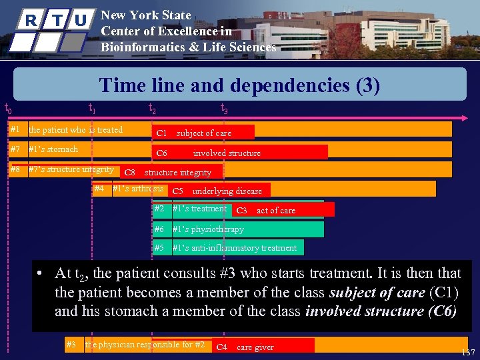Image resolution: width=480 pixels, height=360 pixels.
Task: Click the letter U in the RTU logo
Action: pyautogui.click(x=80, y=20)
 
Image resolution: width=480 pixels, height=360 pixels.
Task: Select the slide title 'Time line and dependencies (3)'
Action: pyautogui.click(x=239, y=85)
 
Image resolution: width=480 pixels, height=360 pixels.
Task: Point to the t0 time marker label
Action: pyautogui.click(x=7, y=108)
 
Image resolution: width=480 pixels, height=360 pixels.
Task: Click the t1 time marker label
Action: pyautogui.click(x=93, y=109)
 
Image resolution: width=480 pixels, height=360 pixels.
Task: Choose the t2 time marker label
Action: pyautogui.click(x=152, y=109)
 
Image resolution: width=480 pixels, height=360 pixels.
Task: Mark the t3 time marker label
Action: pyautogui.click(x=224, y=109)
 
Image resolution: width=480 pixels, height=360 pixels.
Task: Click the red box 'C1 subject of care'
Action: pyautogui.click(x=203, y=133)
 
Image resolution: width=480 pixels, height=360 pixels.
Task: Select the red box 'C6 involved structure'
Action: pyautogui.click(x=240, y=153)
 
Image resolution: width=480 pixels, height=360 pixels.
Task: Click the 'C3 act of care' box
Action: pyautogui.click(x=283, y=211)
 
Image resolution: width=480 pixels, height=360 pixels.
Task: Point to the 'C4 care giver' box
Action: pyautogui.click(x=263, y=347)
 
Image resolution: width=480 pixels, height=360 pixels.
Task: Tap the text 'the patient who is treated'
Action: pyautogui.click(x=75, y=130)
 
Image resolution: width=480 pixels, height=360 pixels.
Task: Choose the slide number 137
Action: pyautogui.click(x=468, y=352)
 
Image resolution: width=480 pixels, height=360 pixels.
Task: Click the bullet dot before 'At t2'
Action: pyautogui.click(x=41, y=274)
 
